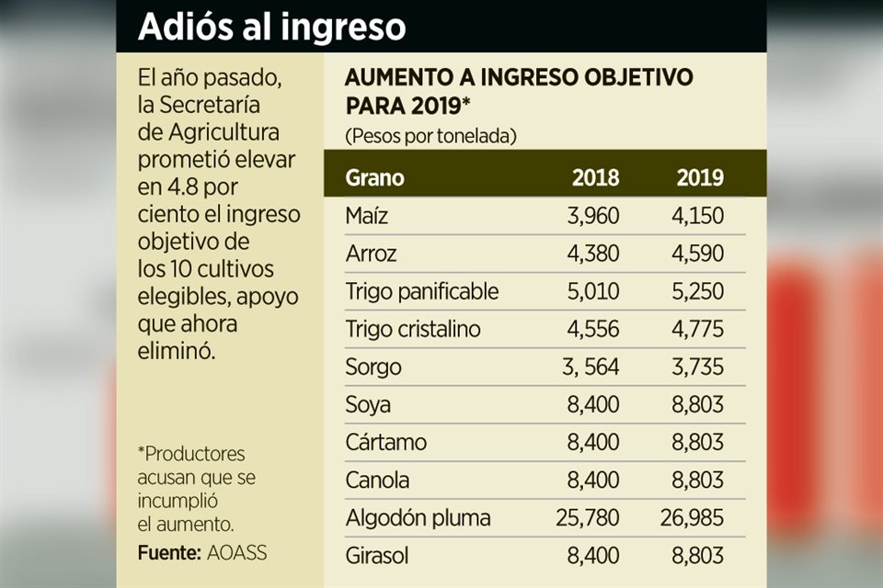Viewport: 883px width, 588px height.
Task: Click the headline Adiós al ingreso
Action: click(x=271, y=26)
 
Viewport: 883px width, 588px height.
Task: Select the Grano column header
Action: click(x=374, y=177)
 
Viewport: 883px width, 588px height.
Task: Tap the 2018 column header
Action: click(x=595, y=177)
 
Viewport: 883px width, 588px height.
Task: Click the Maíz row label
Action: click(x=367, y=216)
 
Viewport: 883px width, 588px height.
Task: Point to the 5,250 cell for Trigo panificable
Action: click(x=699, y=291)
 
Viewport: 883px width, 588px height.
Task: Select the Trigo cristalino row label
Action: click(x=413, y=329)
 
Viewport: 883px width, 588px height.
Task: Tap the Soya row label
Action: click(x=368, y=405)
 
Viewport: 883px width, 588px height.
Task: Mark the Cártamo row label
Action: click(x=386, y=443)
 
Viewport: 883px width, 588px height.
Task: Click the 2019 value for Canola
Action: click(x=699, y=481)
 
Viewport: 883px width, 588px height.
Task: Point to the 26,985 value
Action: click(x=693, y=518)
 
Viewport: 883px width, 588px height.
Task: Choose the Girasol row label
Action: click(x=377, y=556)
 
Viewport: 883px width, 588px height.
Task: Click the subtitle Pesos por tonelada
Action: click(x=430, y=136)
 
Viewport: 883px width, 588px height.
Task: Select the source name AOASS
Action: click(x=236, y=554)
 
